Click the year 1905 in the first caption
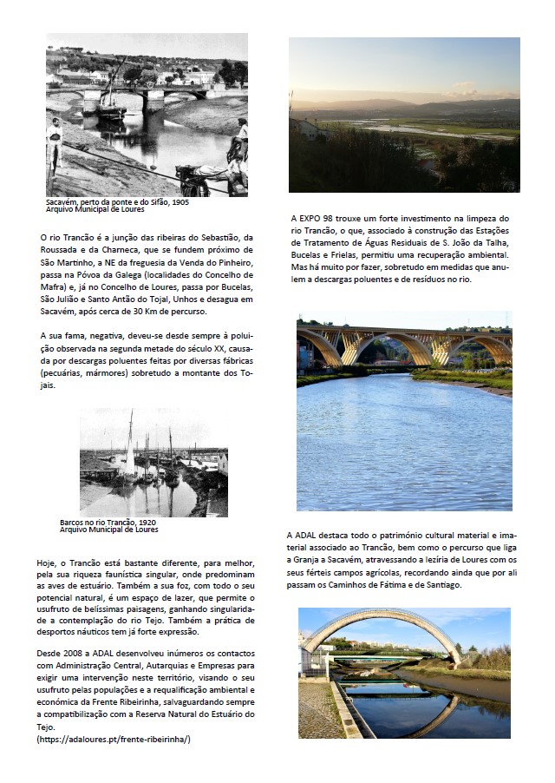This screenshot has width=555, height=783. [180, 201]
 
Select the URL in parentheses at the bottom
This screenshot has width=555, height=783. [114, 739]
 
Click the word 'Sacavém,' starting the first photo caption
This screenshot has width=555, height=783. [61, 201]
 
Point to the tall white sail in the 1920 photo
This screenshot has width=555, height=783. [130, 443]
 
